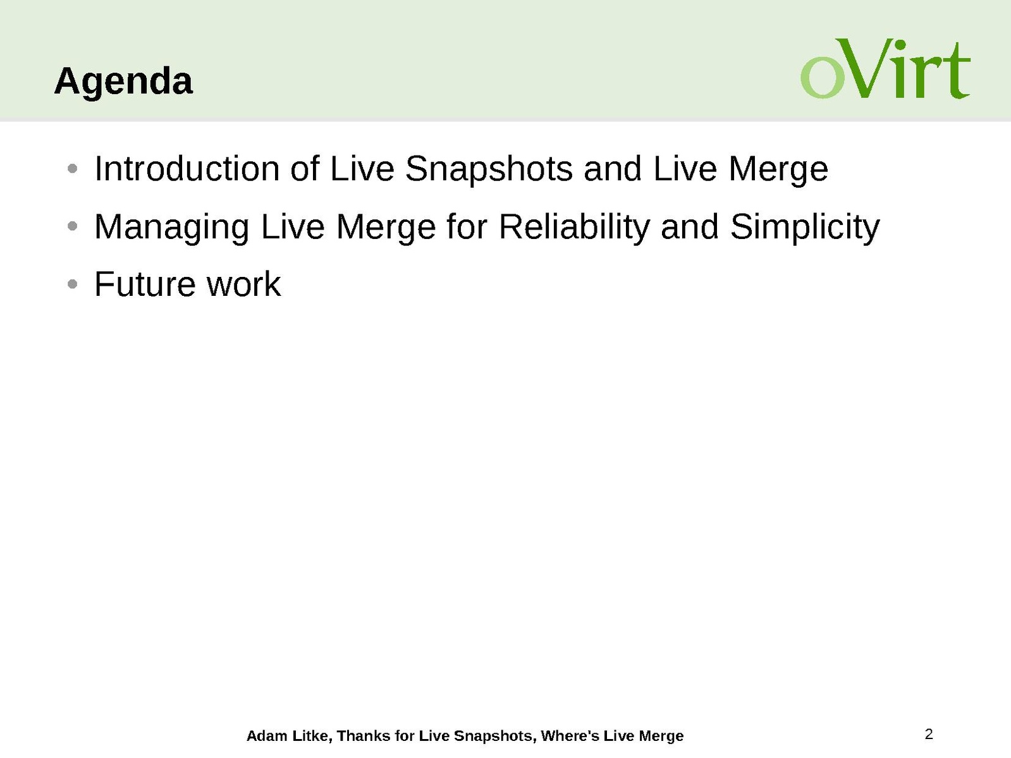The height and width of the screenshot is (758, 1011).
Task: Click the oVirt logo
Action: tap(885, 68)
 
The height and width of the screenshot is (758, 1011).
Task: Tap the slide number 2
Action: tap(929, 734)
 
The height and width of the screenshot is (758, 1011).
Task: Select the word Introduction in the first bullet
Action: tap(187, 169)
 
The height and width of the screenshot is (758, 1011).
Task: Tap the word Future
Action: tap(145, 284)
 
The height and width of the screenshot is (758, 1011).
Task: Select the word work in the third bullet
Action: tap(243, 284)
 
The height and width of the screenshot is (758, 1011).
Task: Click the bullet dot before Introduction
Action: tap(72, 169)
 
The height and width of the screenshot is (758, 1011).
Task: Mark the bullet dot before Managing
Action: tap(72, 226)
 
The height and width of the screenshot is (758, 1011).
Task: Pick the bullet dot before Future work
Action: tap(72, 284)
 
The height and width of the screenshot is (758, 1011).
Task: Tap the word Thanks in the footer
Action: tap(364, 736)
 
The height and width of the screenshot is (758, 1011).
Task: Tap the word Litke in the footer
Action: tap(310, 736)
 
